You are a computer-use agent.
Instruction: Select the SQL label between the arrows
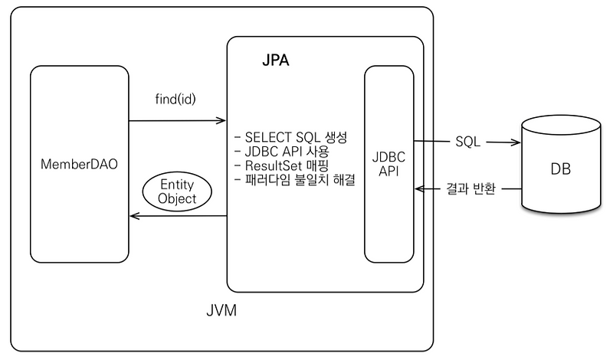tap(469, 142)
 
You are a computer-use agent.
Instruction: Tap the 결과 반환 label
tap(470, 188)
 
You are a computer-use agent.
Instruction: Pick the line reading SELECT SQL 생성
tap(291, 138)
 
